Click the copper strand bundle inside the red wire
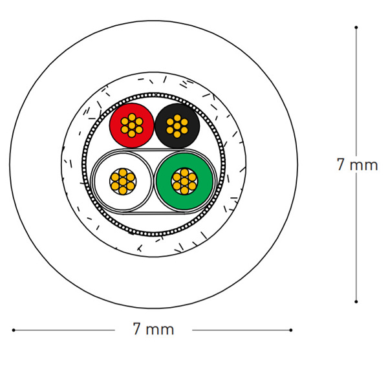(132, 125)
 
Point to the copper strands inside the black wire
(177, 126)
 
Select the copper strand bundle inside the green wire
(184, 181)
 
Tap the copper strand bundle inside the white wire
(123, 181)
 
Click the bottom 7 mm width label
(153, 329)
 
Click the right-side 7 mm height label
(357, 164)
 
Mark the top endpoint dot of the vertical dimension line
(356, 27)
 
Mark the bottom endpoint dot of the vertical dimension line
(356, 301)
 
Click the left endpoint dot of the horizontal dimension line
(14, 330)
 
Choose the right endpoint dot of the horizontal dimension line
(291, 330)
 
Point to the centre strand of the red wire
(132, 125)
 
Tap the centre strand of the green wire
(184, 181)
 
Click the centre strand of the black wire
(177, 126)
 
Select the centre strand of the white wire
(123, 181)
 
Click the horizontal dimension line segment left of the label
(64, 330)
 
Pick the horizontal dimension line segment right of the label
(241, 330)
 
